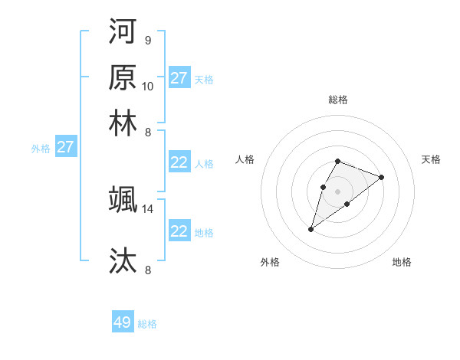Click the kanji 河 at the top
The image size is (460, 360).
[123, 32]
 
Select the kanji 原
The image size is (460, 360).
[123, 77]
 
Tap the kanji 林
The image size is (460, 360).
[123, 123]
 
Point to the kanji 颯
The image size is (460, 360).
[123, 199]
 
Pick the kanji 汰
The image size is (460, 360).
[123, 260]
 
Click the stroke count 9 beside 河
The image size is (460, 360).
[147, 41]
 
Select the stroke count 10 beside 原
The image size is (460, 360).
[148, 86]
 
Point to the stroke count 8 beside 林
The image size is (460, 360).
[147, 132]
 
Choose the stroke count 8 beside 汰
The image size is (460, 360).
[147, 269]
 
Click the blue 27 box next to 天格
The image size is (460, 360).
[179, 78]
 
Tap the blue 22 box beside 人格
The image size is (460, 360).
[179, 162]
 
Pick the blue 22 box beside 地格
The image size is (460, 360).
[179, 231]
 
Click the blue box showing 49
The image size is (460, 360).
[123, 322]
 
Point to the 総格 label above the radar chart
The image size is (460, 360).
[337, 100]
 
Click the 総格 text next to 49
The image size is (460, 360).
[147, 324]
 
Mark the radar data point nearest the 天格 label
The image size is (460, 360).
[381, 177]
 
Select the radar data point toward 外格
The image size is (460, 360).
[311, 229]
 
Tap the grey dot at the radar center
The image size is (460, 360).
[337, 190]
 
